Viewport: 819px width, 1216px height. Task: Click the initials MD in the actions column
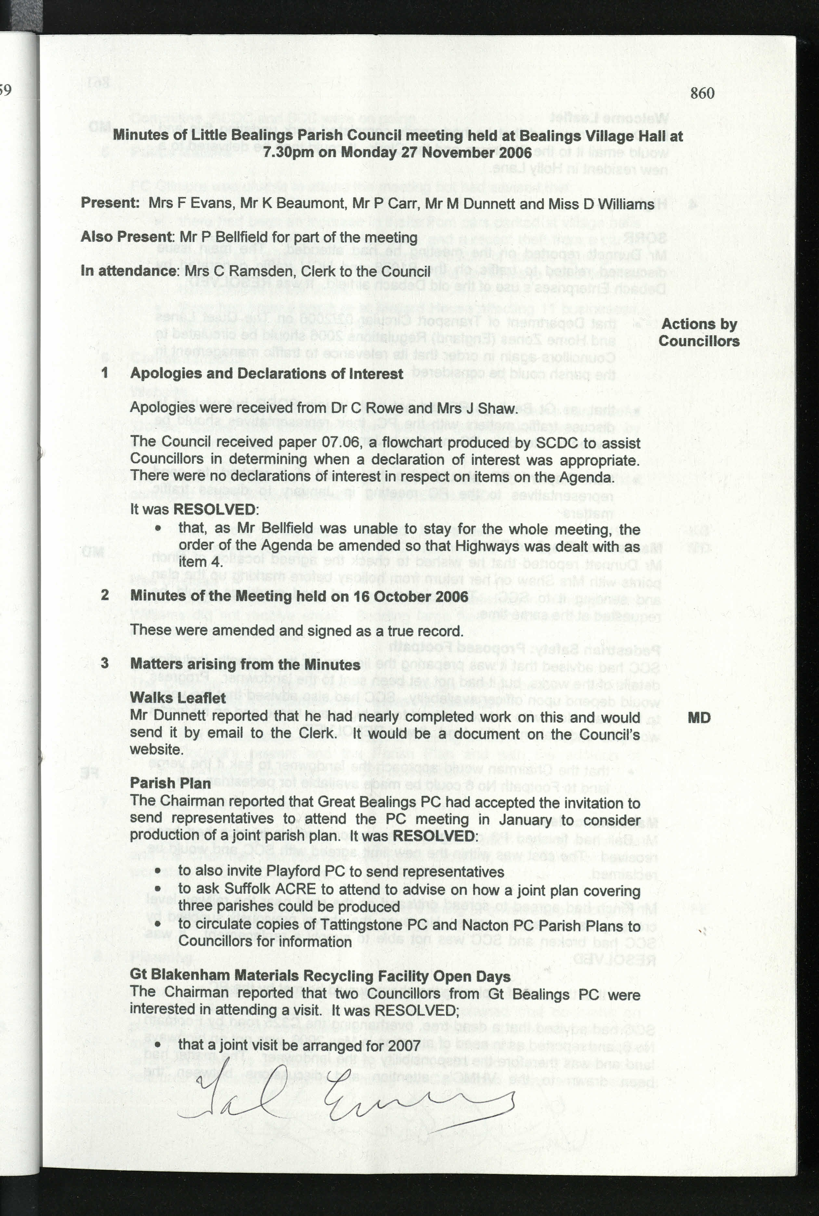point(699,718)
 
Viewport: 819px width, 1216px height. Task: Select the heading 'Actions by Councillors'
point(699,332)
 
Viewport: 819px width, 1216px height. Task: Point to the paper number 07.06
point(341,442)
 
